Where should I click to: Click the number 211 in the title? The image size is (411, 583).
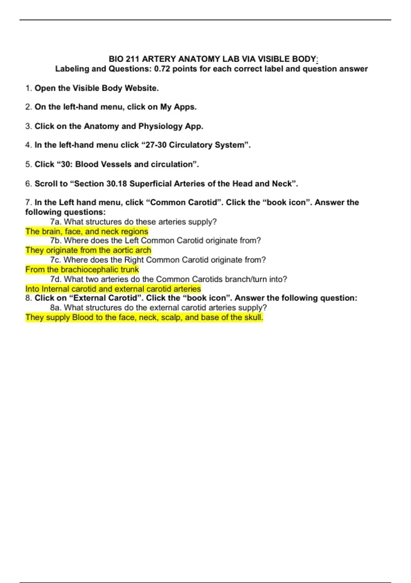point(133,59)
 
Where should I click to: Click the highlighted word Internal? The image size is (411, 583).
point(55,289)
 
